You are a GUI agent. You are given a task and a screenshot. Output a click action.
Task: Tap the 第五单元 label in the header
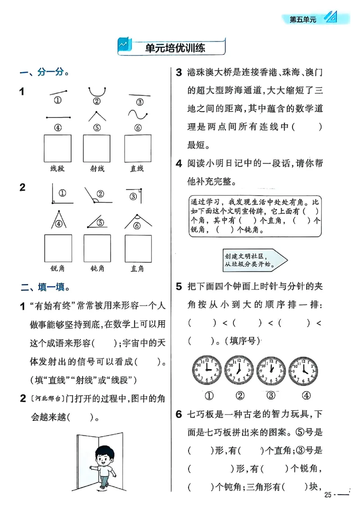point(303,19)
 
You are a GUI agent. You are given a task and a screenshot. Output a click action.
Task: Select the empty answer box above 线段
point(58,149)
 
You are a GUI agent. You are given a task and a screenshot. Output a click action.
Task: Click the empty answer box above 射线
point(97,149)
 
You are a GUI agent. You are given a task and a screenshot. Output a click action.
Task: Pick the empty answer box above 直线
point(137,149)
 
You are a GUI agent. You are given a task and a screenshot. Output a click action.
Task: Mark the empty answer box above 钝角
point(97,248)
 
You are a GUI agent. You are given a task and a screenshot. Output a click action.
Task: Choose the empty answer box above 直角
point(138,248)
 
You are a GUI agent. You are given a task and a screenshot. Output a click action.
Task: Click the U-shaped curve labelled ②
point(97,92)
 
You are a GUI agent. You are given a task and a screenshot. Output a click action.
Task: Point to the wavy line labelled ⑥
point(137,116)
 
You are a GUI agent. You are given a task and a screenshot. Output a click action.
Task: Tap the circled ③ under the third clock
point(271,396)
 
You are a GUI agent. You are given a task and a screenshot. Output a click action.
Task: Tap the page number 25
point(328,495)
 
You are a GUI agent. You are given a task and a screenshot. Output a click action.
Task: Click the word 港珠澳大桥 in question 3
point(210,72)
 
